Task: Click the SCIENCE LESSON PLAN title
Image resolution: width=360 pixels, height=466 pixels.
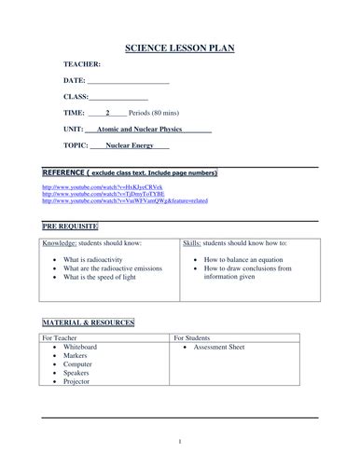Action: click(x=180, y=48)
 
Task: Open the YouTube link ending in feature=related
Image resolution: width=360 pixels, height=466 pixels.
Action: click(x=125, y=200)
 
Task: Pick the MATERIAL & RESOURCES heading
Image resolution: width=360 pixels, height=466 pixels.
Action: click(x=89, y=322)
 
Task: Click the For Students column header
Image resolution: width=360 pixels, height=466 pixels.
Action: click(x=197, y=337)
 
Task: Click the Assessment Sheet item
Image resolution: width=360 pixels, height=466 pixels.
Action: click(x=229, y=347)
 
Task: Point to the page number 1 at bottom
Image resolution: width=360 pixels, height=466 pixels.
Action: click(x=180, y=441)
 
